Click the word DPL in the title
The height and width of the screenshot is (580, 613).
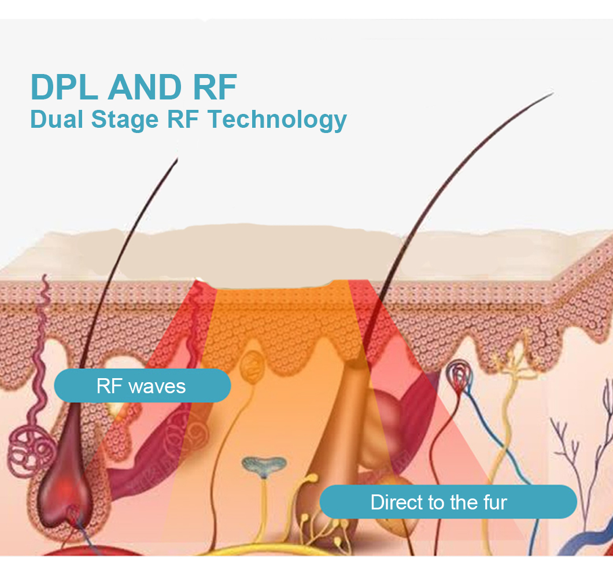tap(64, 87)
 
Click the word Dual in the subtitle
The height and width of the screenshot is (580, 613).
tap(53, 119)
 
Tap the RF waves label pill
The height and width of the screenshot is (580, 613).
tap(142, 386)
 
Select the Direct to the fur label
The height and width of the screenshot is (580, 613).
tap(448, 502)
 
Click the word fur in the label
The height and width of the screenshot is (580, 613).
tap(495, 502)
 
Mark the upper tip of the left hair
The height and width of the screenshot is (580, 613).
tap(176, 159)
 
